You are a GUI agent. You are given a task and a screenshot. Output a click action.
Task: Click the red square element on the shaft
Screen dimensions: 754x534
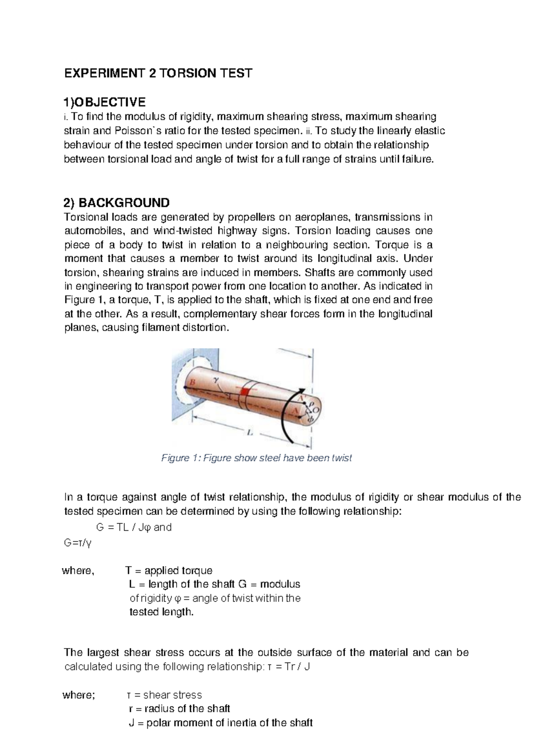(245, 391)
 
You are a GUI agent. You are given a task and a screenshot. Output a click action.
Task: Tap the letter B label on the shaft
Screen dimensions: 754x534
(192, 382)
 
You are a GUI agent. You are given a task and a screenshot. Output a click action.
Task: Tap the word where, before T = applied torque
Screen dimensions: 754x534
(78, 570)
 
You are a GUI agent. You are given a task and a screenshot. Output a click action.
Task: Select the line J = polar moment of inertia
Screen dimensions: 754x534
(220, 723)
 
